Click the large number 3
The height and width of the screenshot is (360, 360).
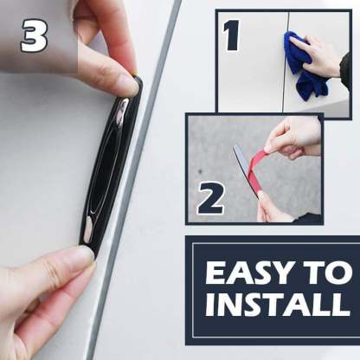(x=34, y=36)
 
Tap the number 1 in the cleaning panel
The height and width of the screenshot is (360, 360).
(x=232, y=35)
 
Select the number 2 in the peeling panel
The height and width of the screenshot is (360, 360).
(x=211, y=198)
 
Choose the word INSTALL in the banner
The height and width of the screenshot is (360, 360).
(x=278, y=305)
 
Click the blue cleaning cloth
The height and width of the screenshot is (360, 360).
(x=303, y=67)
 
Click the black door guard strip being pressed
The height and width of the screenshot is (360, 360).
(x=111, y=164)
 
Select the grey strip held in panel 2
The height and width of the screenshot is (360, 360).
(x=245, y=170)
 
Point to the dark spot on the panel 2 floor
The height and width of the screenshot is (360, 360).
(x=200, y=172)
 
